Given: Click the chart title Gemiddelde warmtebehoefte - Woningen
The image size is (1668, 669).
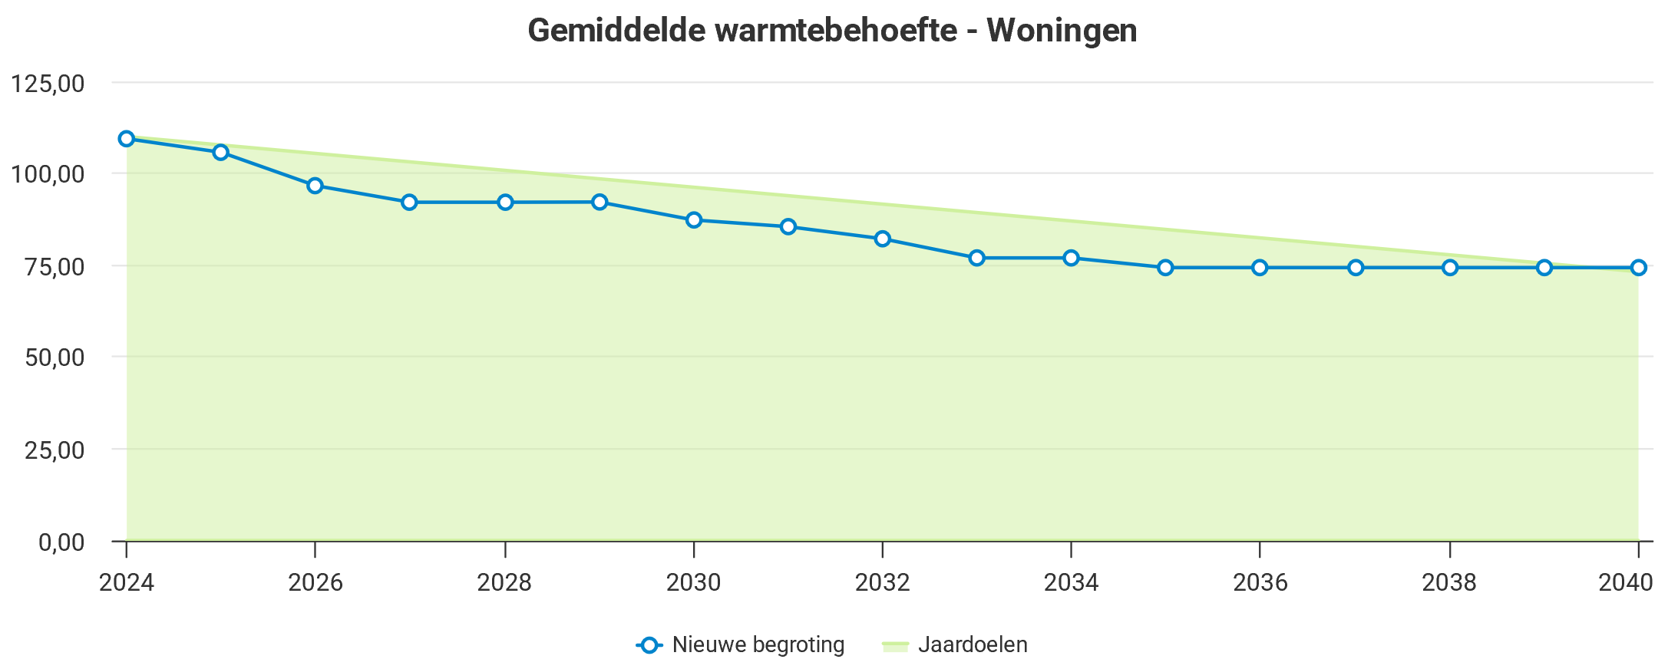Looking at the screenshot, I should click(x=832, y=31).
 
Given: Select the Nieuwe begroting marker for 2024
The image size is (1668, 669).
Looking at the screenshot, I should click(x=127, y=139).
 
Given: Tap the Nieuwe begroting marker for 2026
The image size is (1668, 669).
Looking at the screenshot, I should click(x=315, y=186).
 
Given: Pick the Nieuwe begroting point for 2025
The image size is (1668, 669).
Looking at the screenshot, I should click(x=221, y=152).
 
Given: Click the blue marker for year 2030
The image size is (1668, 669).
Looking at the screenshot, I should click(x=694, y=220).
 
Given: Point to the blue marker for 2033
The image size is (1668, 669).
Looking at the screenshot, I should click(x=976, y=258).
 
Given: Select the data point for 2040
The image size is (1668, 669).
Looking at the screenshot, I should click(x=1638, y=268).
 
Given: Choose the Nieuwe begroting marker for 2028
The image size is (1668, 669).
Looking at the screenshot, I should click(x=505, y=203).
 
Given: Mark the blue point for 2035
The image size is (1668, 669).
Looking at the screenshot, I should click(x=1165, y=268).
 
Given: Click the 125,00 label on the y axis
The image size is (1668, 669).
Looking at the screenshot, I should click(x=48, y=83).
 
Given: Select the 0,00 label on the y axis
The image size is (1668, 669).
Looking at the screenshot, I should click(x=61, y=542).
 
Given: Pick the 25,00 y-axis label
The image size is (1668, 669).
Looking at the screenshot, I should click(x=54, y=450).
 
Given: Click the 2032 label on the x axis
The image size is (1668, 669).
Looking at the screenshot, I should click(x=882, y=583).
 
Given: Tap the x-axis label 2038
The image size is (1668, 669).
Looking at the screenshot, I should click(x=1449, y=583).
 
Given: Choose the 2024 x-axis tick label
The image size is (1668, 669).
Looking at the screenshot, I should click(x=127, y=583).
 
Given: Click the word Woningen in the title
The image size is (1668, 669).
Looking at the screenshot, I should click(x=1062, y=31).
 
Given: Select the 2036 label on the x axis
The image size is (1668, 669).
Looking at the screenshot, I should click(x=1260, y=583).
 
